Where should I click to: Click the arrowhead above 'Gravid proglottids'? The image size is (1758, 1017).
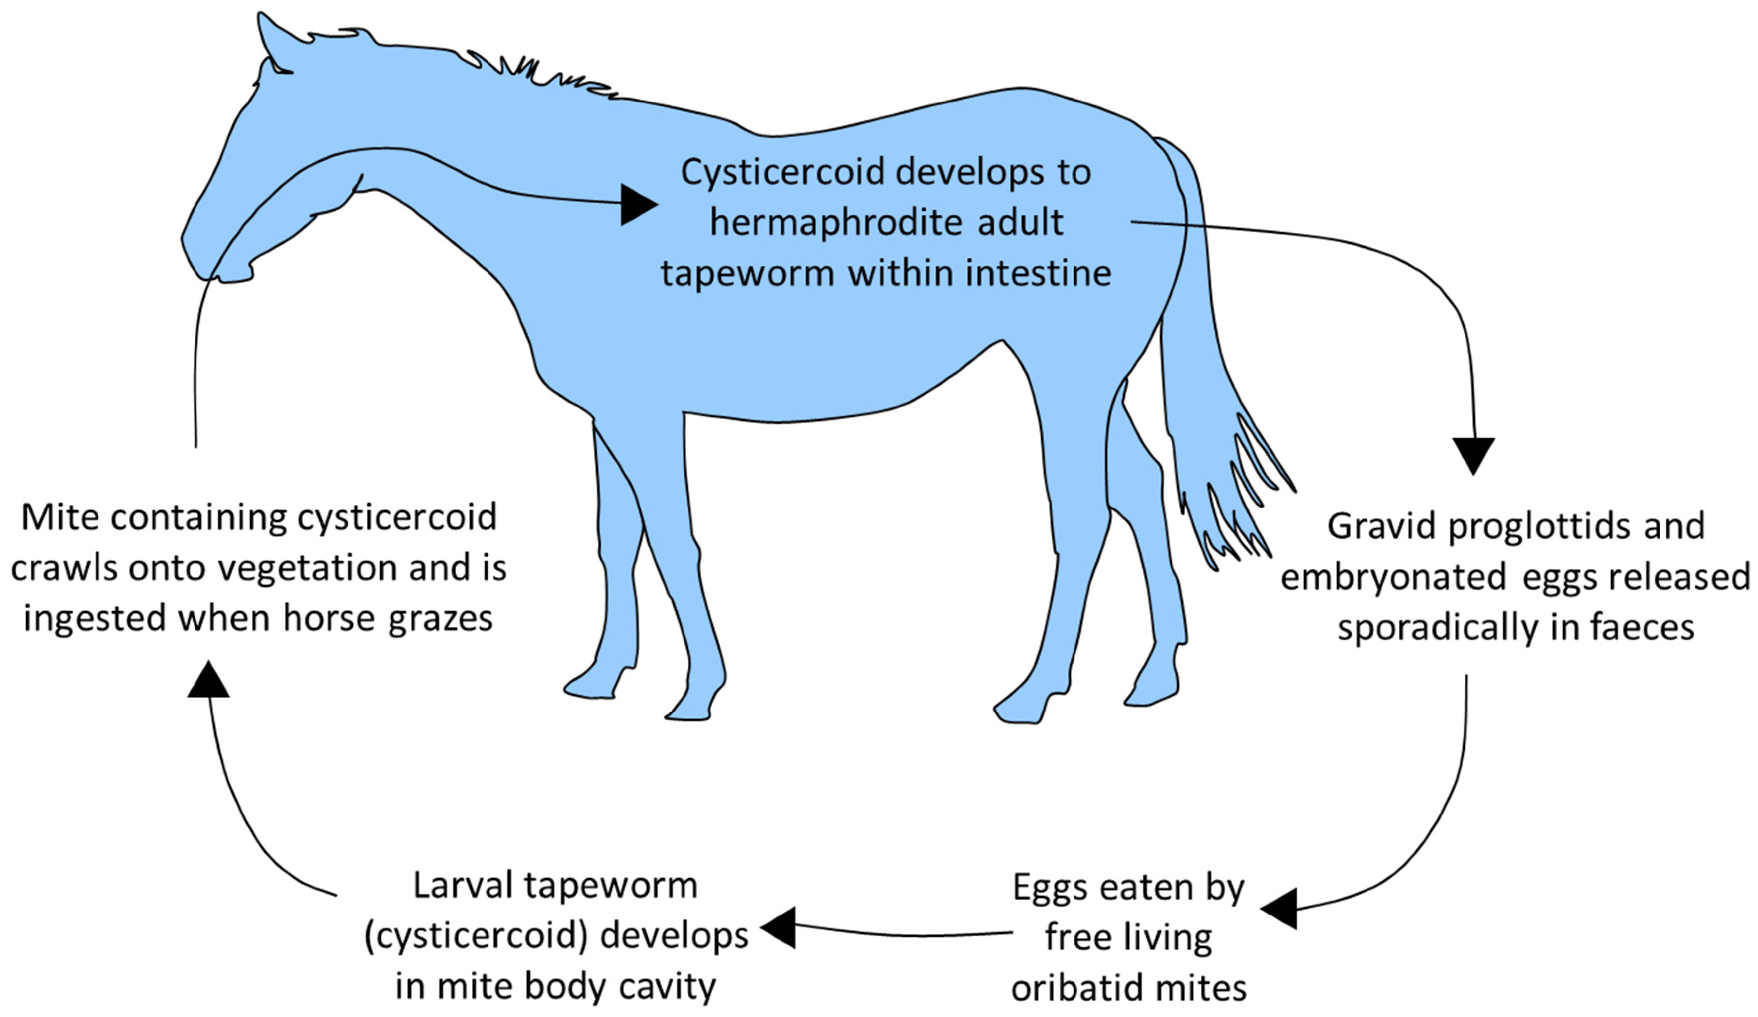1473,454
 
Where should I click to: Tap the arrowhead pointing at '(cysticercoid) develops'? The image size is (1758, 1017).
779,928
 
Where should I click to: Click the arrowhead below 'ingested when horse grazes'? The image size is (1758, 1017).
208,680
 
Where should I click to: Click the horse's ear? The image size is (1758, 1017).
274,43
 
